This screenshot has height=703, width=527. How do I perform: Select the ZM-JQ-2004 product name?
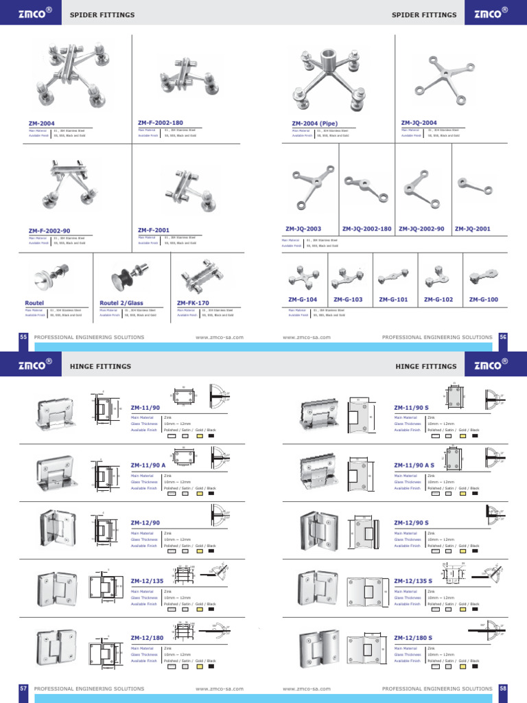(419, 123)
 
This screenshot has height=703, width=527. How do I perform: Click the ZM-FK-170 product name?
(193, 303)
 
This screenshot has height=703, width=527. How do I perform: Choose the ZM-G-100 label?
(484, 300)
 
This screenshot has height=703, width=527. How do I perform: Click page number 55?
(23, 337)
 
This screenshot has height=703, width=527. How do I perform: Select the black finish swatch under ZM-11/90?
(211, 436)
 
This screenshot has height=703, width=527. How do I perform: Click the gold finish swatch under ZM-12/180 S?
(463, 666)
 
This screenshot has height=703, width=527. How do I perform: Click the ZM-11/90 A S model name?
(415, 465)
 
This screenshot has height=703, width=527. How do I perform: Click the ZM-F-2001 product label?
(154, 231)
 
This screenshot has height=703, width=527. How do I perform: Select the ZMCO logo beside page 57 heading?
(35, 366)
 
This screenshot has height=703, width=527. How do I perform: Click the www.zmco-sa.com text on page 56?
(307, 337)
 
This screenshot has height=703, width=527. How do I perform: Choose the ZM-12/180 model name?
(147, 638)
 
